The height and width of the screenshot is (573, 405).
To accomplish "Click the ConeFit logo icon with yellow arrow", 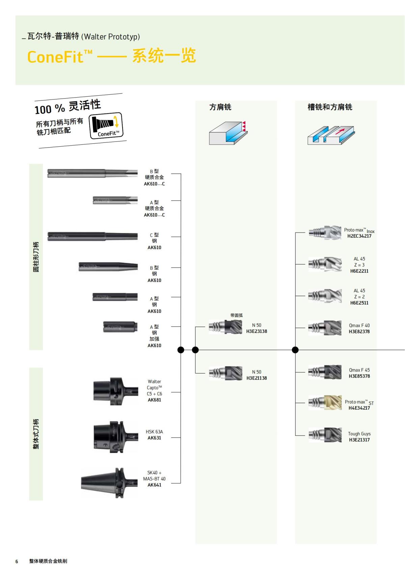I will pos(106,126).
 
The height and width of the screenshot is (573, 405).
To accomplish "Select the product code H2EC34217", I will pos(359,236).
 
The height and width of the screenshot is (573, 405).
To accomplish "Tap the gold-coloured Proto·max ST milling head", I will pos(325,403).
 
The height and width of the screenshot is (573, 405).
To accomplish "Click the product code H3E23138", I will pos(256,331).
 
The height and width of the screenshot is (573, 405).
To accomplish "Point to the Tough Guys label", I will pos(359,434).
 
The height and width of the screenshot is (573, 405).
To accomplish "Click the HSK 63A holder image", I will pos(115,437).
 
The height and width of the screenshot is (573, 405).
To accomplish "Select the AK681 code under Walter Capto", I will pos(154,400).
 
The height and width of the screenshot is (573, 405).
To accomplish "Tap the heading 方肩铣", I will pos(220,107).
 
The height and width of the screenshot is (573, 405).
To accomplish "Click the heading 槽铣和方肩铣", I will pos(329,107).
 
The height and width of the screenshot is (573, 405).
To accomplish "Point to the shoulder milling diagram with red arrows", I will pos(228,133).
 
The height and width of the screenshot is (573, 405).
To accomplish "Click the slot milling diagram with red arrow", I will pos(331,135).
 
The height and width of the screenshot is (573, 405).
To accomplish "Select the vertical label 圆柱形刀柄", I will pos(36,257).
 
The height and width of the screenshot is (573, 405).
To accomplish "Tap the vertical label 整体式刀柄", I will pos(36,434).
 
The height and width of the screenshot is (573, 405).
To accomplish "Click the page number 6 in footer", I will pos(17,561).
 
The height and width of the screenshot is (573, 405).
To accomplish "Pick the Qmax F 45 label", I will pos(359,370).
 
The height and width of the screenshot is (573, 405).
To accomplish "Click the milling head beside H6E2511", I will pos(325,296).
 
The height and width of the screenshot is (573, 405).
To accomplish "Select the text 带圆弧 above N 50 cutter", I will pos(236,315).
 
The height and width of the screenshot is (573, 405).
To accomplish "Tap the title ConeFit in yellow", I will pos(55,56).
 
